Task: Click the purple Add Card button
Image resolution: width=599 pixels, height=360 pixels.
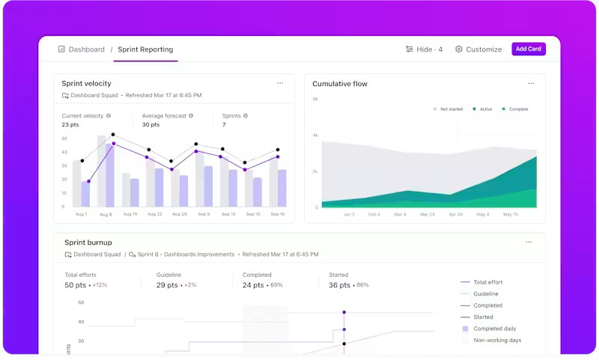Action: (528, 49)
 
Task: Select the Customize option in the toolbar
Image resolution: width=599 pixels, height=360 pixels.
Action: (478, 49)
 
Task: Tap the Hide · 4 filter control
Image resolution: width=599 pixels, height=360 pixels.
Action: (424, 49)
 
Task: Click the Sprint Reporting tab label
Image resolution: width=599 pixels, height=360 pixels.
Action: (145, 49)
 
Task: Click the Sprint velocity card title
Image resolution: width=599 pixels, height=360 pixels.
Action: (86, 84)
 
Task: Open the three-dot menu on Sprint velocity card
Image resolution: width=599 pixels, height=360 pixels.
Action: (280, 83)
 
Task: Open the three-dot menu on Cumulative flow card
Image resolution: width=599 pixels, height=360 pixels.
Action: (531, 83)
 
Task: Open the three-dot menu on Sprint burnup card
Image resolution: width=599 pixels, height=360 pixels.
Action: (529, 242)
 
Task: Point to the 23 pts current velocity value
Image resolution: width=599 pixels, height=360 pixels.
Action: (70, 125)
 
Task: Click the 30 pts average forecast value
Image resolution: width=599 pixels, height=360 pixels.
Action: (150, 125)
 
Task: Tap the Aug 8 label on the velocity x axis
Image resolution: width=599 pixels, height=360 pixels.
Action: (105, 215)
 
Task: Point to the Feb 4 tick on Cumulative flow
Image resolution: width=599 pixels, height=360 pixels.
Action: (374, 215)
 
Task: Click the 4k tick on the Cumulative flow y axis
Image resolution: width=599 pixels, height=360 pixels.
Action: (315, 135)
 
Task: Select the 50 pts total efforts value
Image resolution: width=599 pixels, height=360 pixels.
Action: (75, 285)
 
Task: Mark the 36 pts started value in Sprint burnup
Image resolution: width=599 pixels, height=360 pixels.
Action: (340, 285)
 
